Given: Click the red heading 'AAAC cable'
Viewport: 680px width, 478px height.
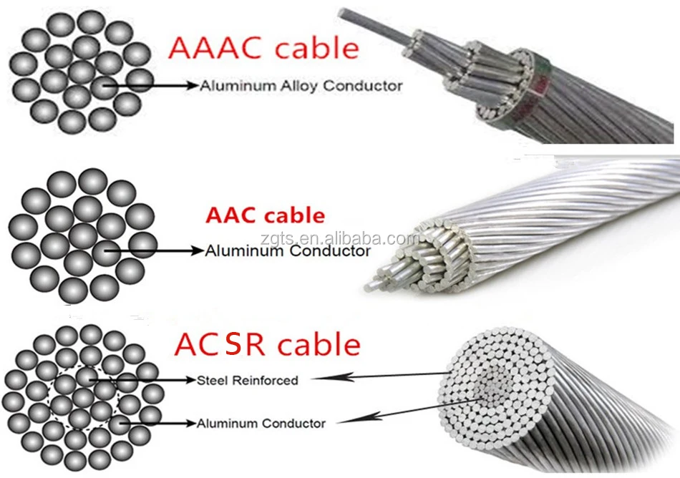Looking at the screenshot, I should coord(263,48).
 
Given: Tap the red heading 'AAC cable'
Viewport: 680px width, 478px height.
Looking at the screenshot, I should coord(265,215).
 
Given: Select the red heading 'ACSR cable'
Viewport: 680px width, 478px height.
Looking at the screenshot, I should coord(266,344).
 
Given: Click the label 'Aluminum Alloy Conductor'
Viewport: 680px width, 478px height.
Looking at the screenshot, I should coord(301,86).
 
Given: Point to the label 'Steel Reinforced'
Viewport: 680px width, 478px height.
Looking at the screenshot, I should coord(247,380).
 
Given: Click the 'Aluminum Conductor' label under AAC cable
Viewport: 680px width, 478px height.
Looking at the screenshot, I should coord(288,251).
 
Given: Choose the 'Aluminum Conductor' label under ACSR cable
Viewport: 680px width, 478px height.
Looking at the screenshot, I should coord(261,423).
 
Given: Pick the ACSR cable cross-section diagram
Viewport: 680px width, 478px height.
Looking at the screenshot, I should coord(81,397).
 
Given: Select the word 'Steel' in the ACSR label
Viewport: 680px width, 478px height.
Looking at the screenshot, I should coord(213,380).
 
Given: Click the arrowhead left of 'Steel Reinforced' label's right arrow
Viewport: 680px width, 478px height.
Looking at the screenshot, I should coord(324,376).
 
